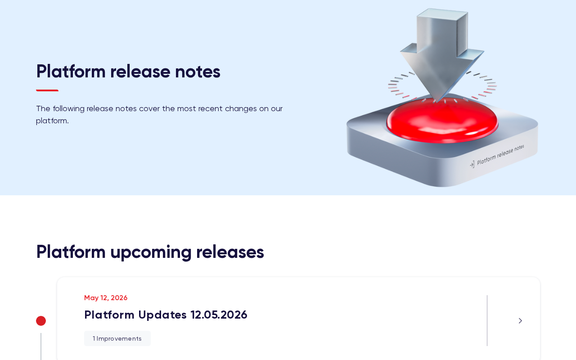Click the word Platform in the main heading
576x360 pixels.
[x=71, y=72]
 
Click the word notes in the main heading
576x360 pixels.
[x=198, y=72]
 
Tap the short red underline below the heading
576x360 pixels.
[x=47, y=90]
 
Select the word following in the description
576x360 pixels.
[x=69, y=109]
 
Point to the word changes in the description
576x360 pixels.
[x=241, y=109]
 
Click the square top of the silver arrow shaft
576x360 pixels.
[x=442, y=14]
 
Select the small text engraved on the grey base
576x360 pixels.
[x=500, y=155]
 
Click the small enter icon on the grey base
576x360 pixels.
[x=472, y=165]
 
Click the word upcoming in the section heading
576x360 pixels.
[x=151, y=252]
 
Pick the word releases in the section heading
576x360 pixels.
[x=230, y=252]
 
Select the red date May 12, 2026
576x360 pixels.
[x=106, y=298]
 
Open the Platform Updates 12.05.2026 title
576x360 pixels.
[x=166, y=315]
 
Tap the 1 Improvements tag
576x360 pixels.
[x=117, y=338]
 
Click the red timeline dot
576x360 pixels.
[x=41, y=321]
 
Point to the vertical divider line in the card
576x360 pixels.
[x=487, y=321]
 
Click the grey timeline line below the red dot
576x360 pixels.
[x=41, y=346]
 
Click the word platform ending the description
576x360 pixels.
[x=52, y=121]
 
